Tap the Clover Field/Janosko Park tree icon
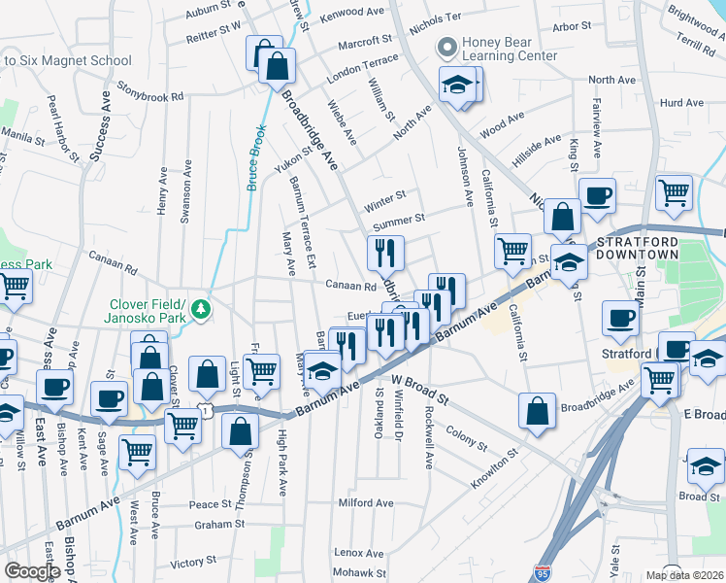(201, 309)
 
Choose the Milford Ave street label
(365, 503)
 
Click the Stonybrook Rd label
(151, 97)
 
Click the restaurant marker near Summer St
(385, 254)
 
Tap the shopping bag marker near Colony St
(537, 411)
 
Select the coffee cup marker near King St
(597, 194)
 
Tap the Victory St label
(193, 562)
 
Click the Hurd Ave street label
(680, 102)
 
